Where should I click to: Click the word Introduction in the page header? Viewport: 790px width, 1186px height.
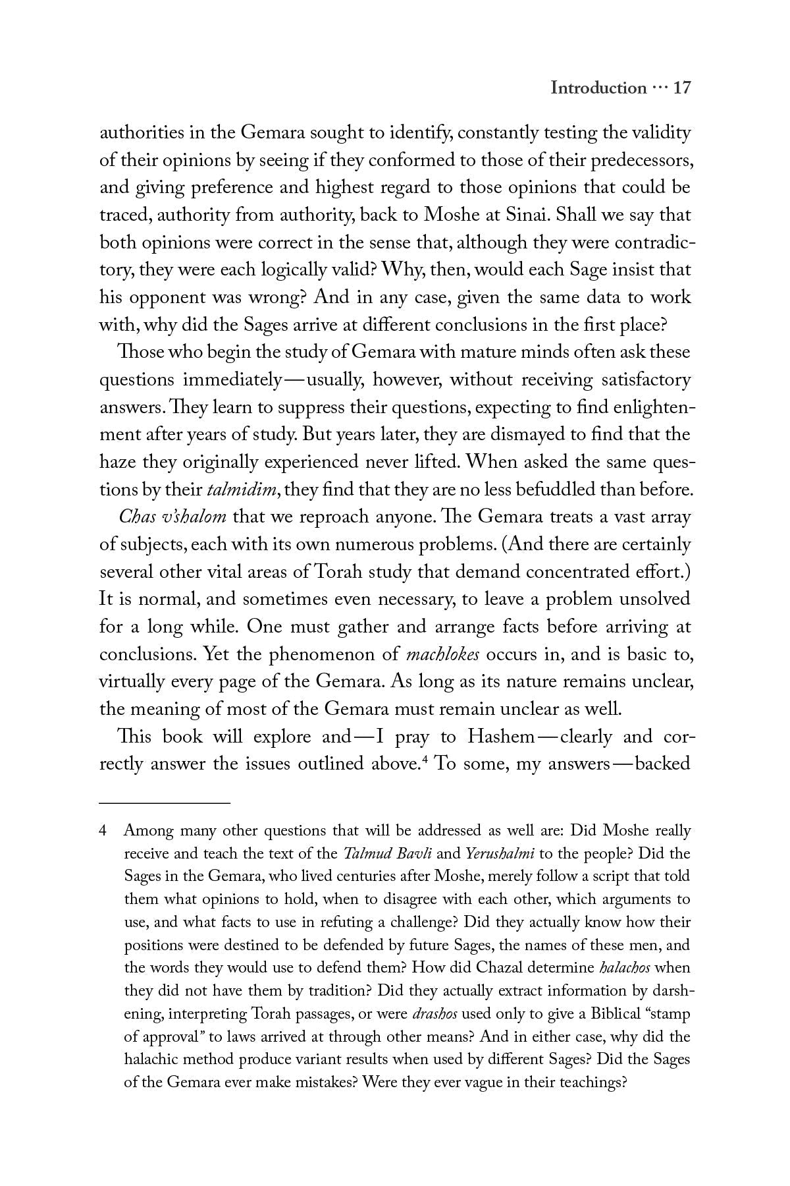click(x=598, y=88)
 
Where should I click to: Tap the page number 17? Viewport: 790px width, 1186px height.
click(x=681, y=88)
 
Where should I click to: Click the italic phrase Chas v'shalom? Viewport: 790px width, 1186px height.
click(x=172, y=517)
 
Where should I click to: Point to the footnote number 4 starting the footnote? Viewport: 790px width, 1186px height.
click(x=103, y=831)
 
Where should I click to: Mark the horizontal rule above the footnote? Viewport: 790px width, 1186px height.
click(x=165, y=803)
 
